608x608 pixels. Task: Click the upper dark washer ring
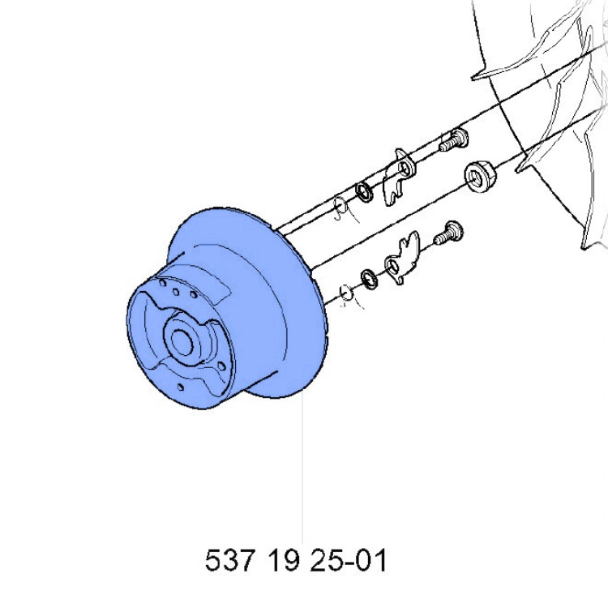pyautogui.click(x=364, y=192)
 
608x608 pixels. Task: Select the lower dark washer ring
pyautogui.click(x=369, y=277)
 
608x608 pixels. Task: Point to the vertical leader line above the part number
pyautogui.click(x=302, y=470)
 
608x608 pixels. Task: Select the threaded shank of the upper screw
pyautogui.click(x=444, y=147)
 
